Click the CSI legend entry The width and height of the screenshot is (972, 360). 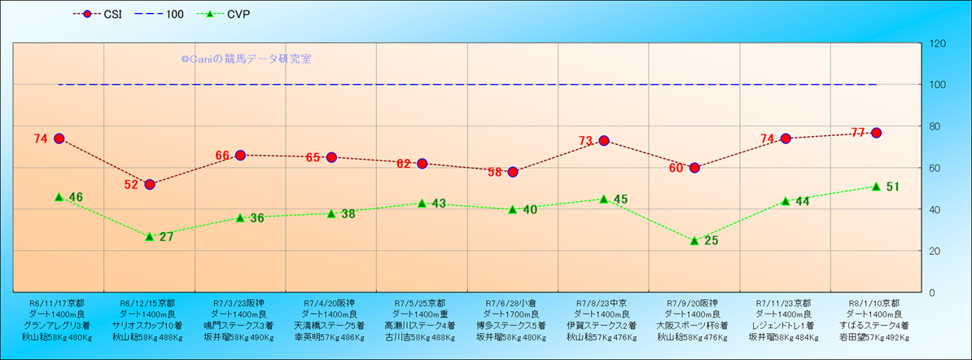point(102,15)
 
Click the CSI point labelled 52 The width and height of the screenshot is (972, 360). point(150,184)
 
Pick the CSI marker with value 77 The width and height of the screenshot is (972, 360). point(876,133)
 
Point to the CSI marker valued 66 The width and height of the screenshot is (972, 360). point(240,155)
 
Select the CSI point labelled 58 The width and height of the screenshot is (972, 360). point(513,172)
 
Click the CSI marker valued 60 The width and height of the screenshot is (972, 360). point(694,168)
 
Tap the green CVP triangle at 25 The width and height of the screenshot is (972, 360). point(694,240)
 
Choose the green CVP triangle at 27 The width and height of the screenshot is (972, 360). point(150,236)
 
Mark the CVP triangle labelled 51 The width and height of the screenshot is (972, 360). point(876,187)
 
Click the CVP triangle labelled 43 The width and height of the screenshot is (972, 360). point(422,203)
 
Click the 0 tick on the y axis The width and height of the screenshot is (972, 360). point(931,292)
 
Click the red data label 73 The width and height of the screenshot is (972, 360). point(585,141)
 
